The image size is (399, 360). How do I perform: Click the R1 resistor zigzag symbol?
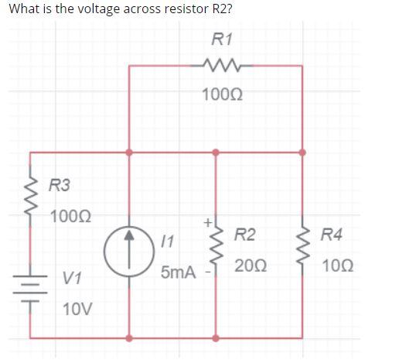(215, 67)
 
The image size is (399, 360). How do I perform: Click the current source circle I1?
(129, 252)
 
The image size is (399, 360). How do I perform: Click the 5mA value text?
(177, 273)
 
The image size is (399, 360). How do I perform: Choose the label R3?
(59, 185)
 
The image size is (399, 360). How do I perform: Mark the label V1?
(73, 276)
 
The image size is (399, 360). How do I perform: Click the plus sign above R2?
(206, 222)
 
